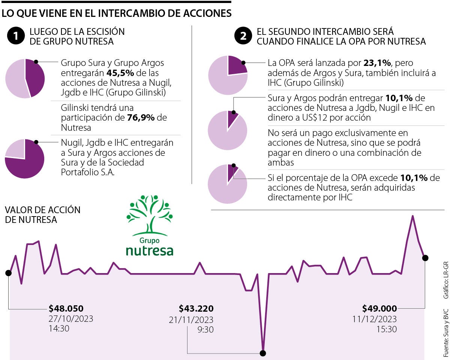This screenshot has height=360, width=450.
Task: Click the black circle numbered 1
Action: coord(15,36)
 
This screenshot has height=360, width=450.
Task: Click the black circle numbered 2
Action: coord(243,36)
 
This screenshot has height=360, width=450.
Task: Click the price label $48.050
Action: coord(66,309)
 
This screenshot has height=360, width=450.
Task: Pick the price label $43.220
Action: coord(196,309)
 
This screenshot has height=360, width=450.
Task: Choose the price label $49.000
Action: coord(379,309)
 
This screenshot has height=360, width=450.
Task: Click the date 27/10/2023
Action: coord(70,319)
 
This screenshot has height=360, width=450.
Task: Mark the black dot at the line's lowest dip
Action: coord(263,353)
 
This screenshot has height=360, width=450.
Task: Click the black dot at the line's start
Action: coord(8,273)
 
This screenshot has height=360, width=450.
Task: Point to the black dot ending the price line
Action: coord(425,258)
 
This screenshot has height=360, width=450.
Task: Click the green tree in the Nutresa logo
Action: coord(150,214)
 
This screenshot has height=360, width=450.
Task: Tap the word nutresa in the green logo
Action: coord(150,250)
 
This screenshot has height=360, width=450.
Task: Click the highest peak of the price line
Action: coord(412,216)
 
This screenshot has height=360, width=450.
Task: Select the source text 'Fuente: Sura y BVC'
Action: coord(445,333)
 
